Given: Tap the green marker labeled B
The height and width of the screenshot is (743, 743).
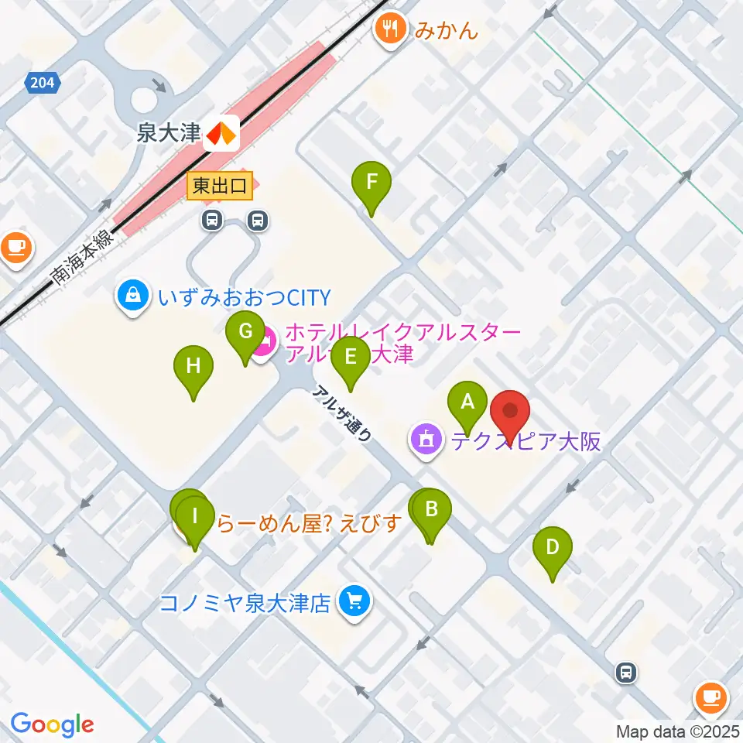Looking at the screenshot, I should coord(432,510).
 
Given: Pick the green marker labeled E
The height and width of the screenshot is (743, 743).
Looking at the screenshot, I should coord(350,358).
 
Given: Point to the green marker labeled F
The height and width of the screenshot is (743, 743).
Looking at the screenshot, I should coord(371,183).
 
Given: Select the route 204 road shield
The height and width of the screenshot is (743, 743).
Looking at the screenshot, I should coord(44,82).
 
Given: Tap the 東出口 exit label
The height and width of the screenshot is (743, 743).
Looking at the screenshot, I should coord(220,187).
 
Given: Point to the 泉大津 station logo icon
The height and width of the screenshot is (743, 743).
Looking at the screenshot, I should coord(221,134).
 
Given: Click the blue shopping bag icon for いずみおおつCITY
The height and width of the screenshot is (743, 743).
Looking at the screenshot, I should coord(134,296).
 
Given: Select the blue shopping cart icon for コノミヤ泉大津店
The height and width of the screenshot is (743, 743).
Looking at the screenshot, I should coord(355,601).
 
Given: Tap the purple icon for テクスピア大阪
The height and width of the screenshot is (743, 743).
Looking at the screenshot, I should coord(425,440).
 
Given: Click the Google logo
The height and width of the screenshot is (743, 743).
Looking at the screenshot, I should coord(52,724).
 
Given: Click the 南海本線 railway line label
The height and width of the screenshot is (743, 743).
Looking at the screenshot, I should coord(80,260).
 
